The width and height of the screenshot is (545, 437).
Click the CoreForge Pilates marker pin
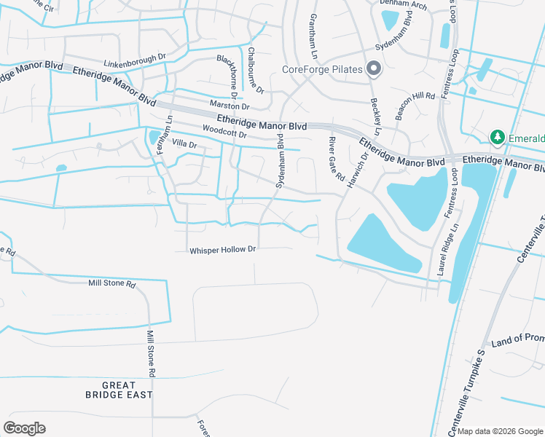click(x=374, y=69)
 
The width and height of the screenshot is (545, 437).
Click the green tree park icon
click(x=498, y=137)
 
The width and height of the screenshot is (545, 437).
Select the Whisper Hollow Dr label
click(x=223, y=250)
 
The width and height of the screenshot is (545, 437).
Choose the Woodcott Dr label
click(x=225, y=132)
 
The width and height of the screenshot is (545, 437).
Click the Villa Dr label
click(x=185, y=144)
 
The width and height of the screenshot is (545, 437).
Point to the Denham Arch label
click(x=403, y=4)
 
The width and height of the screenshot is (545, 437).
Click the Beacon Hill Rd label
click(x=414, y=106)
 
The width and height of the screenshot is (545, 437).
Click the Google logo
click(x=24, y=428)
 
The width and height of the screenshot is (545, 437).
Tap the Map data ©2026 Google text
click(x=500, y=431)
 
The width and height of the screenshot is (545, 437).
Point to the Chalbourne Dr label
click(x=255, y=70)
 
